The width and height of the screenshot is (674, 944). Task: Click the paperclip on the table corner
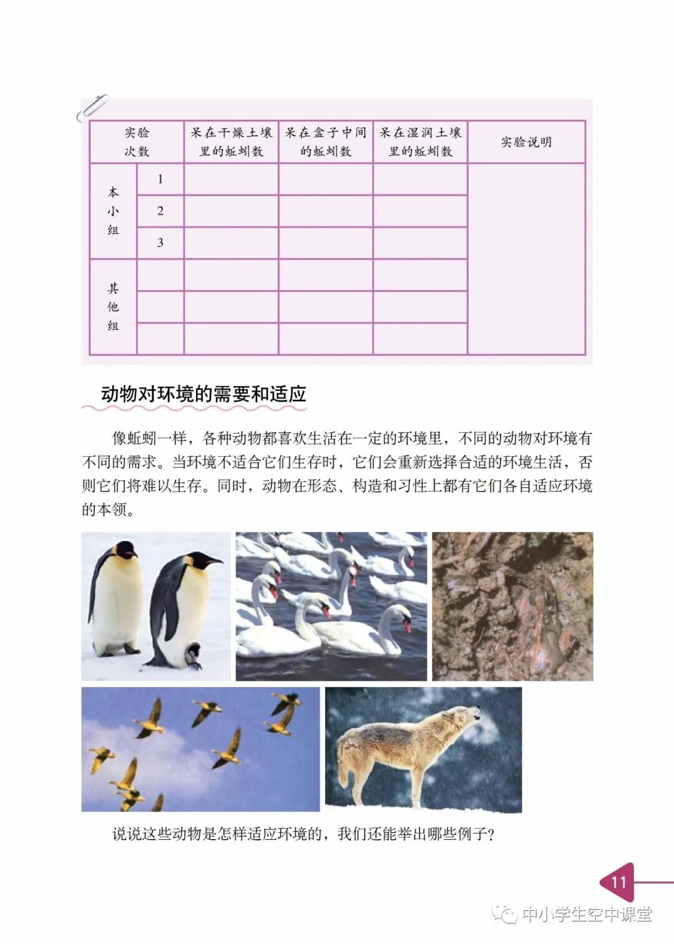92,107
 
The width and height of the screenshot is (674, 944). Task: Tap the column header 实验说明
526,142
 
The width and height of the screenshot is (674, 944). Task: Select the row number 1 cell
160,179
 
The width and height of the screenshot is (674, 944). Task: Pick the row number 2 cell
160,211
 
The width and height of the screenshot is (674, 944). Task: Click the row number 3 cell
160,243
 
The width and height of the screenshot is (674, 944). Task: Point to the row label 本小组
113,211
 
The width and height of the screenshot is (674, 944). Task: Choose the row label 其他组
113,306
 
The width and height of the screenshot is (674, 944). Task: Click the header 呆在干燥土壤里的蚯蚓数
231,142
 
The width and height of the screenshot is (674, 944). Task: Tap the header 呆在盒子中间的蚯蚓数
325,142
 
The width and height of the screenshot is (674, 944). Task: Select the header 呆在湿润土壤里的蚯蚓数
420,142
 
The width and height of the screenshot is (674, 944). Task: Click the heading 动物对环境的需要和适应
203,394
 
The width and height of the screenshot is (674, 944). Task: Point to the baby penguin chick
194,655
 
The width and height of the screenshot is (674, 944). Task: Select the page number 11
618,882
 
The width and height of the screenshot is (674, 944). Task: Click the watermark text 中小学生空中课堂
586,915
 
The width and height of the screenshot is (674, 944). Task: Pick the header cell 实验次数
137,142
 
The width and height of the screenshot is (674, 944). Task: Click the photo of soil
512,606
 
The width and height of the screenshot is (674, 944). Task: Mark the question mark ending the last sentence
491,835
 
